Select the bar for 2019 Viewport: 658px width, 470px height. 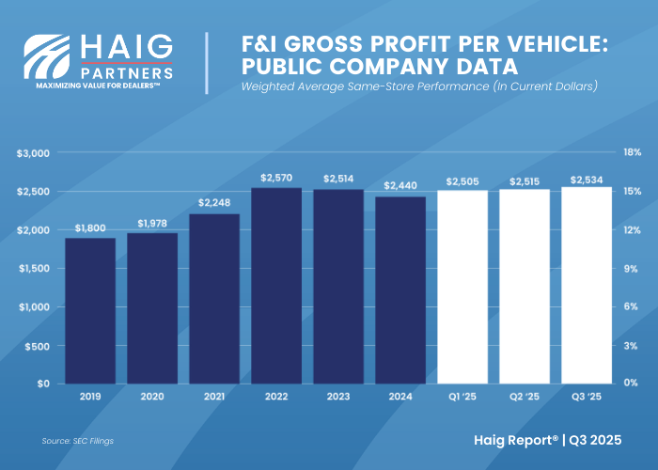coord(90,311)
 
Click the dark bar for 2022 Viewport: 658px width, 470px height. coord(276,286)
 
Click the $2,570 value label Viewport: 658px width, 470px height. coord(276,177)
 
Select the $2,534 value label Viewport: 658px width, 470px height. coord(587,180)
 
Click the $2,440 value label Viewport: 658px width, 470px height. coord(400,185)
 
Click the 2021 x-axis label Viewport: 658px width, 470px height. coord(214,398)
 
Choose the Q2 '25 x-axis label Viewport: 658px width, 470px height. coord(525,398)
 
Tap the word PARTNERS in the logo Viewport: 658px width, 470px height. coord(126,71)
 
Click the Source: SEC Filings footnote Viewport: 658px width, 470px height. coord(78,440)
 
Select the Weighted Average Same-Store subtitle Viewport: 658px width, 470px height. coord(419,87)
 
